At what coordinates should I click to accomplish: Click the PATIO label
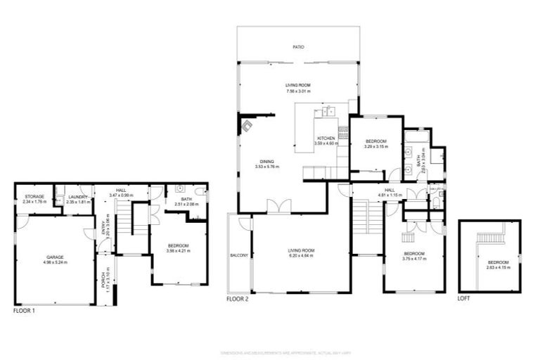tap(298, 47)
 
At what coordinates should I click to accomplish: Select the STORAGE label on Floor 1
tap(34, 196)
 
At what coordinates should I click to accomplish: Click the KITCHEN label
tap(326, 138)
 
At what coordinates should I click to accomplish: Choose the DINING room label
tap(267, 161)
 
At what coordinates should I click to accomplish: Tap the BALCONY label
tap(239, 255)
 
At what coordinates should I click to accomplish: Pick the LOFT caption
tap(463, 298)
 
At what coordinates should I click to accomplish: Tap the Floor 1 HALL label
tap(121, 190)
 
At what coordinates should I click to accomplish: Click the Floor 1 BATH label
tap(186, 199)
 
